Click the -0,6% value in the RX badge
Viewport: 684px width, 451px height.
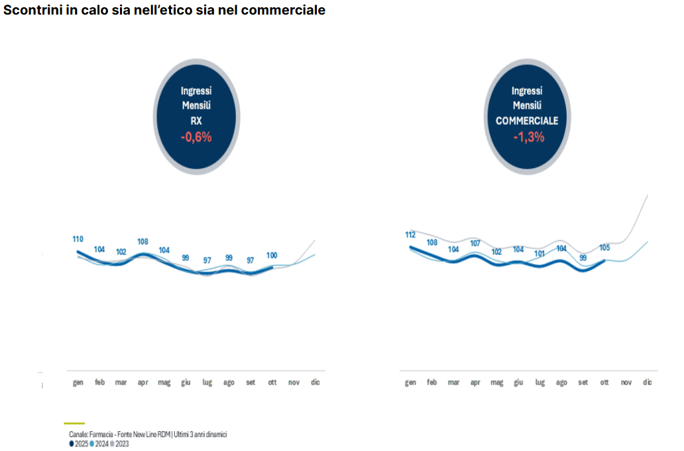tap(196, 138)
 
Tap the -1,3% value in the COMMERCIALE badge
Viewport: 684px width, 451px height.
tap(528, 138)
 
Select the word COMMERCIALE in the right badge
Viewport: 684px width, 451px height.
tap(527, 121)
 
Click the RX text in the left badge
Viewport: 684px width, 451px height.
tap(196, 121)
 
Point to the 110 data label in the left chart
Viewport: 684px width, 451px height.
tap(78, 239)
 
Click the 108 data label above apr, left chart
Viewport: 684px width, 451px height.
tap(142, 242)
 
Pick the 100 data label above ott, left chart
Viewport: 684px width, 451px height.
tap(272, 255)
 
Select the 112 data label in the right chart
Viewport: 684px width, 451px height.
tap(410, 234)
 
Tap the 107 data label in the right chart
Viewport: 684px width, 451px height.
tap(475, 243)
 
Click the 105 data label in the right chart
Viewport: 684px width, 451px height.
tap(604, 248)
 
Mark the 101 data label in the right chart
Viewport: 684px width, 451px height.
tap(540, 253)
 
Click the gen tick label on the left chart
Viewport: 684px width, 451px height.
tap(78, 382)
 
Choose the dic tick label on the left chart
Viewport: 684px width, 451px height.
tap(315, 382)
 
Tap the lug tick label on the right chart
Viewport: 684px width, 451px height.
tap(540, 383)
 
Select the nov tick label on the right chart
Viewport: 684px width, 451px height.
tap(626, 383)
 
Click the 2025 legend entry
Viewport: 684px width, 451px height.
tap(79, 444)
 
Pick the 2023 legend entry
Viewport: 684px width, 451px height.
tap(120, 444)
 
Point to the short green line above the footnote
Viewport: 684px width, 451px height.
tap(74, 423)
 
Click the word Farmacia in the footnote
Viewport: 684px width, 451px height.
tap(103, 434)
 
